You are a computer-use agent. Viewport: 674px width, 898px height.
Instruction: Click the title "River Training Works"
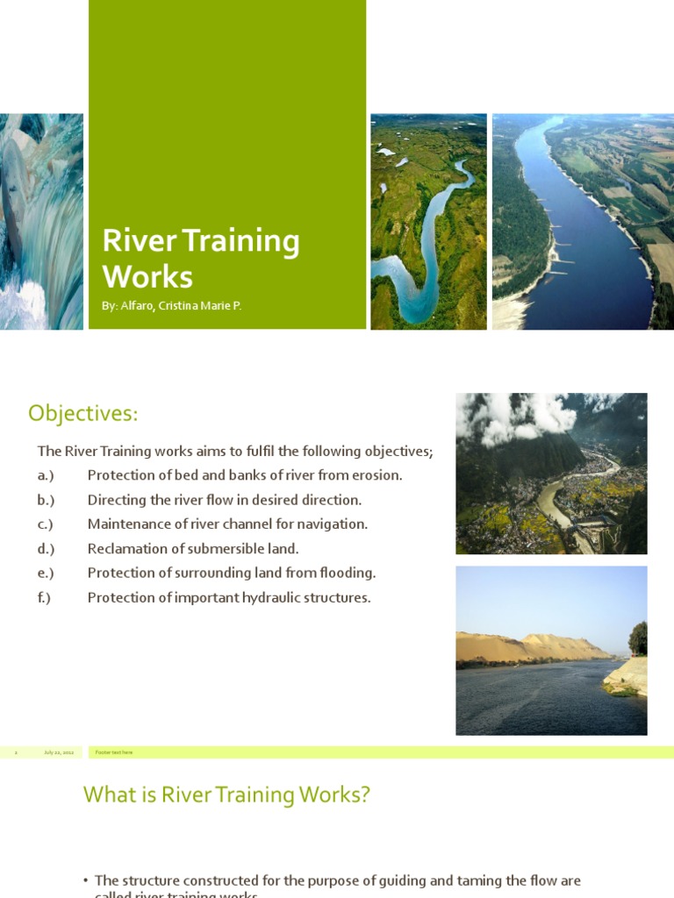click(x=201, y=259)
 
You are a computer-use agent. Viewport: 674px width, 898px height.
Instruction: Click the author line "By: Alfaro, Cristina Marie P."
click(x=172, y=306)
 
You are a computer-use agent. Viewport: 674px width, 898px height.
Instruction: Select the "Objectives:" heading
click(x=83, y=412)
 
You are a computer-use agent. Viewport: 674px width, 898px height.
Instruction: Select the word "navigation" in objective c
click(x=334, y=524)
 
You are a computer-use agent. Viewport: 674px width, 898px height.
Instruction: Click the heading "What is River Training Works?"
click(x=226, y=795)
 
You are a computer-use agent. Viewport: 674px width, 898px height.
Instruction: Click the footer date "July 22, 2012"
click(x=59, y=752)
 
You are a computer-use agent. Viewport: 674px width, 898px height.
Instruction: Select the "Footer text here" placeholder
click(x=114, y=752)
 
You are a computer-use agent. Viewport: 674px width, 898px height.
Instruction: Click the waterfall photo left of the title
click(x=41, y=221)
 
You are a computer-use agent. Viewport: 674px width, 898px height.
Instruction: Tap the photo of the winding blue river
click(x=428, y=221)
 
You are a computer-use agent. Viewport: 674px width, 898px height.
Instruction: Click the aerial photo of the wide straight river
click(x=583, y=221)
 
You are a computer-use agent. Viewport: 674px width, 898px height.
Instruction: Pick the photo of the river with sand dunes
click(x=551, y=650)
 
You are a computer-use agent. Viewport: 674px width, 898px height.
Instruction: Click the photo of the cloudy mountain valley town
click(x=551, y=474)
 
